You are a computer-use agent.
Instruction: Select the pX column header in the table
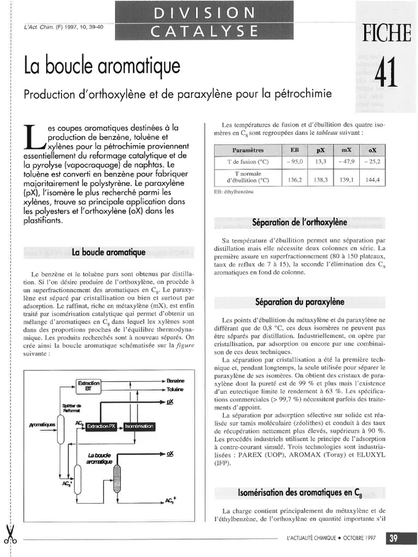tap(321, 150)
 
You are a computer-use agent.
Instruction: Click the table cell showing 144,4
tap(373, 180)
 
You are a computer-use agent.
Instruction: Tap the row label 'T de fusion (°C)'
tap(248, 162)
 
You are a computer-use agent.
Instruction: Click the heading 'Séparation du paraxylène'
tap(299, 301)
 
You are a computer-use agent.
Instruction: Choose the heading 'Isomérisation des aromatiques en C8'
tap(299, 493)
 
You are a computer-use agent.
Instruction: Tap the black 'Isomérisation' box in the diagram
tap(139, 425)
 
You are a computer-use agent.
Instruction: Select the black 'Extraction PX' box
tap(101, 425)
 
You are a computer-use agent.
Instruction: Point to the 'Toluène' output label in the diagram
tap(175, 389)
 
